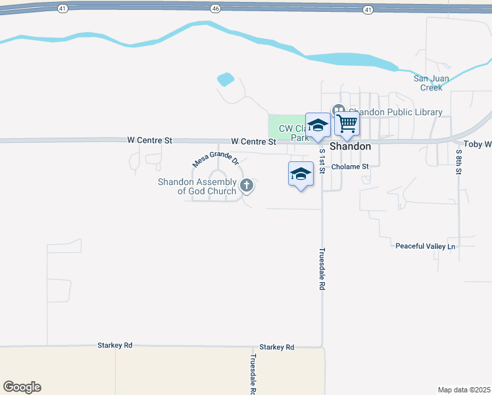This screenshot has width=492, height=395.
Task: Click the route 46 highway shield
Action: [x=215, y=9]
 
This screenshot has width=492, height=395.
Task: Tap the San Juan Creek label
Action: [x=431, y=83]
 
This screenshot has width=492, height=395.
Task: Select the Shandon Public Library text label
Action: [x=395, y=112]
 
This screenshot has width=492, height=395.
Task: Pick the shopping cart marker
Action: [x=347, y=123]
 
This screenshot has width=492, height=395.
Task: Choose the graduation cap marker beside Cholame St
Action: [x=301, y=174]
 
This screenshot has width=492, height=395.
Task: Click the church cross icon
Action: [x=247, y=186]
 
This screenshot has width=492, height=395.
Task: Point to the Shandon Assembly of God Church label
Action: [x=197, y=186]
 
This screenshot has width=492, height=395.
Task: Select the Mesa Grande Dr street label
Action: [x=215, y=157]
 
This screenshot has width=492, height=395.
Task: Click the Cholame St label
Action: [x=350, y=167]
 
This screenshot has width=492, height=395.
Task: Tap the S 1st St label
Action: [x=322, y=161]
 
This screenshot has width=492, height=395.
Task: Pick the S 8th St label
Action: [x=458, y=161]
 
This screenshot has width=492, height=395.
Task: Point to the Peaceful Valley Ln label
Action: [x=425, y=246]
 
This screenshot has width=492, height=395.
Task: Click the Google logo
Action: [x=22, y=387]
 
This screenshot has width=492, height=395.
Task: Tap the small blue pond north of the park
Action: [x=226, y=80]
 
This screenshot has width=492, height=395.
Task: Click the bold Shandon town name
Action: [x=351, y=146]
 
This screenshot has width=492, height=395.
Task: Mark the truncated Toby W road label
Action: [x=478, y=144]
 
